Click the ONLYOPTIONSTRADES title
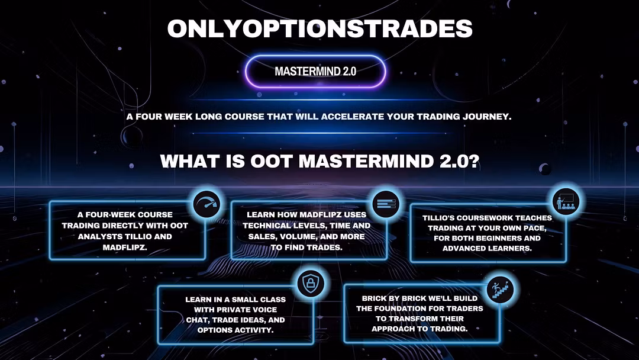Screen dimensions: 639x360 [x=319, y=28]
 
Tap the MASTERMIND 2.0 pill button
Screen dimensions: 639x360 [x=315, y=71]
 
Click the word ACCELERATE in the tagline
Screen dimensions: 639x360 [x=353, y=117]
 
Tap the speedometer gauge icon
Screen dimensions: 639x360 [x=206, y=204]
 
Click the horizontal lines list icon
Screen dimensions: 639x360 [x=386, y=204]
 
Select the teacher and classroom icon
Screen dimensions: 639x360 [x=566, y=201]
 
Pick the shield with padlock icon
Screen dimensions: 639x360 [x=311, y=283]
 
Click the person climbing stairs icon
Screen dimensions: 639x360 [x=500, y=290]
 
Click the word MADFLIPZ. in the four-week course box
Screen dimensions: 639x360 [x=125, y=247]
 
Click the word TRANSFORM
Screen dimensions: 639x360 [x=424, y=319]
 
